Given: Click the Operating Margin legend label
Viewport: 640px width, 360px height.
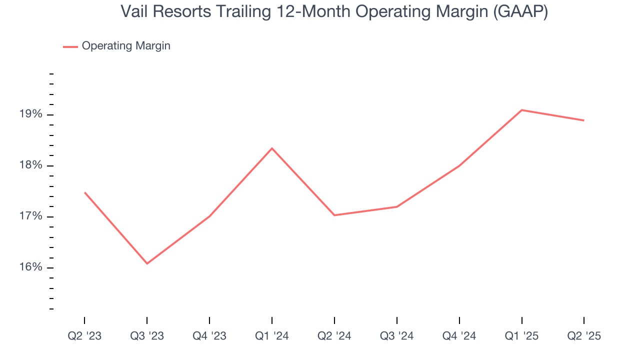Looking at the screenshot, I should tap(126, 46).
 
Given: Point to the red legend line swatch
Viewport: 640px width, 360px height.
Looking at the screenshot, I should tap(70, 46).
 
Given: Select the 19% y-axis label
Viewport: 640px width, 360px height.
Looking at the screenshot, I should tap(30, 114).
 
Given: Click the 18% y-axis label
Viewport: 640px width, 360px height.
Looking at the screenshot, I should tap(30, 166).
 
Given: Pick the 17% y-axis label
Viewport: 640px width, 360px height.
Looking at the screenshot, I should tap(30, 217).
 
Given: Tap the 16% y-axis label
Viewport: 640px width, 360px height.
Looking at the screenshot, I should tap(30, 267).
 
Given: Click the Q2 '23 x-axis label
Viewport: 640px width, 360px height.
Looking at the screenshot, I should tap(84, 336).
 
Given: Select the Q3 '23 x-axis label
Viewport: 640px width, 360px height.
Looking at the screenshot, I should tap(147, 336).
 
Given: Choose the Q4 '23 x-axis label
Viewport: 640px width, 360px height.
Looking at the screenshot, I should tap(209, 336).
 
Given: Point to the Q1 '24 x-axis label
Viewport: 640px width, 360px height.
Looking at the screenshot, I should tap(272, 336).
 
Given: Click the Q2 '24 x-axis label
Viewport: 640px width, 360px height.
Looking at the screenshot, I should tap(334, 336).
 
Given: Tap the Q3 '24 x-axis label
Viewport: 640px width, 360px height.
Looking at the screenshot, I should tap(397, 336).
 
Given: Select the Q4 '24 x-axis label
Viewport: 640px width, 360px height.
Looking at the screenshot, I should tap(459, 336).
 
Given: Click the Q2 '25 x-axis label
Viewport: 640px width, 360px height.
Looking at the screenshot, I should tap(584, 336).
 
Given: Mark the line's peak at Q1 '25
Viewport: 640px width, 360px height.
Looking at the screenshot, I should tap(521, 110).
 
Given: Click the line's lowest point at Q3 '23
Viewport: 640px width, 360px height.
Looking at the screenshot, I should tap(147, 263).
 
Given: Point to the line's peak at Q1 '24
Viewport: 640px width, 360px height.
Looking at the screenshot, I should tap(272, 148).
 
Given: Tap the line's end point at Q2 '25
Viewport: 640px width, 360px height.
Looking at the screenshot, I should tap(583, 120).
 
